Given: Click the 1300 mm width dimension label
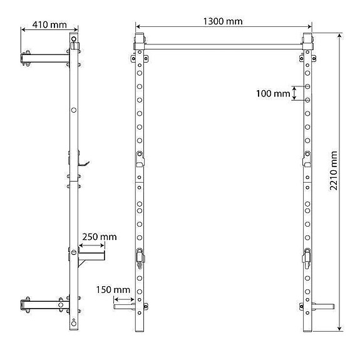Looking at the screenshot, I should click(x=223, y=21).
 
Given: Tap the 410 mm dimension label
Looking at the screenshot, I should click(x=49, y=26).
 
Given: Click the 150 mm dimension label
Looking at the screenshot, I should click(x=113, y=290).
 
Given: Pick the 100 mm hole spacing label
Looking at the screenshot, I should click(x=274, y=94).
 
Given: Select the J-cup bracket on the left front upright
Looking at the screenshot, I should click(x=140, y=159).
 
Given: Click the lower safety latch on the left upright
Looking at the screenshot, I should click(x=140, y=257).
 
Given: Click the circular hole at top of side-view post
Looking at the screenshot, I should click(x=75, y=44).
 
